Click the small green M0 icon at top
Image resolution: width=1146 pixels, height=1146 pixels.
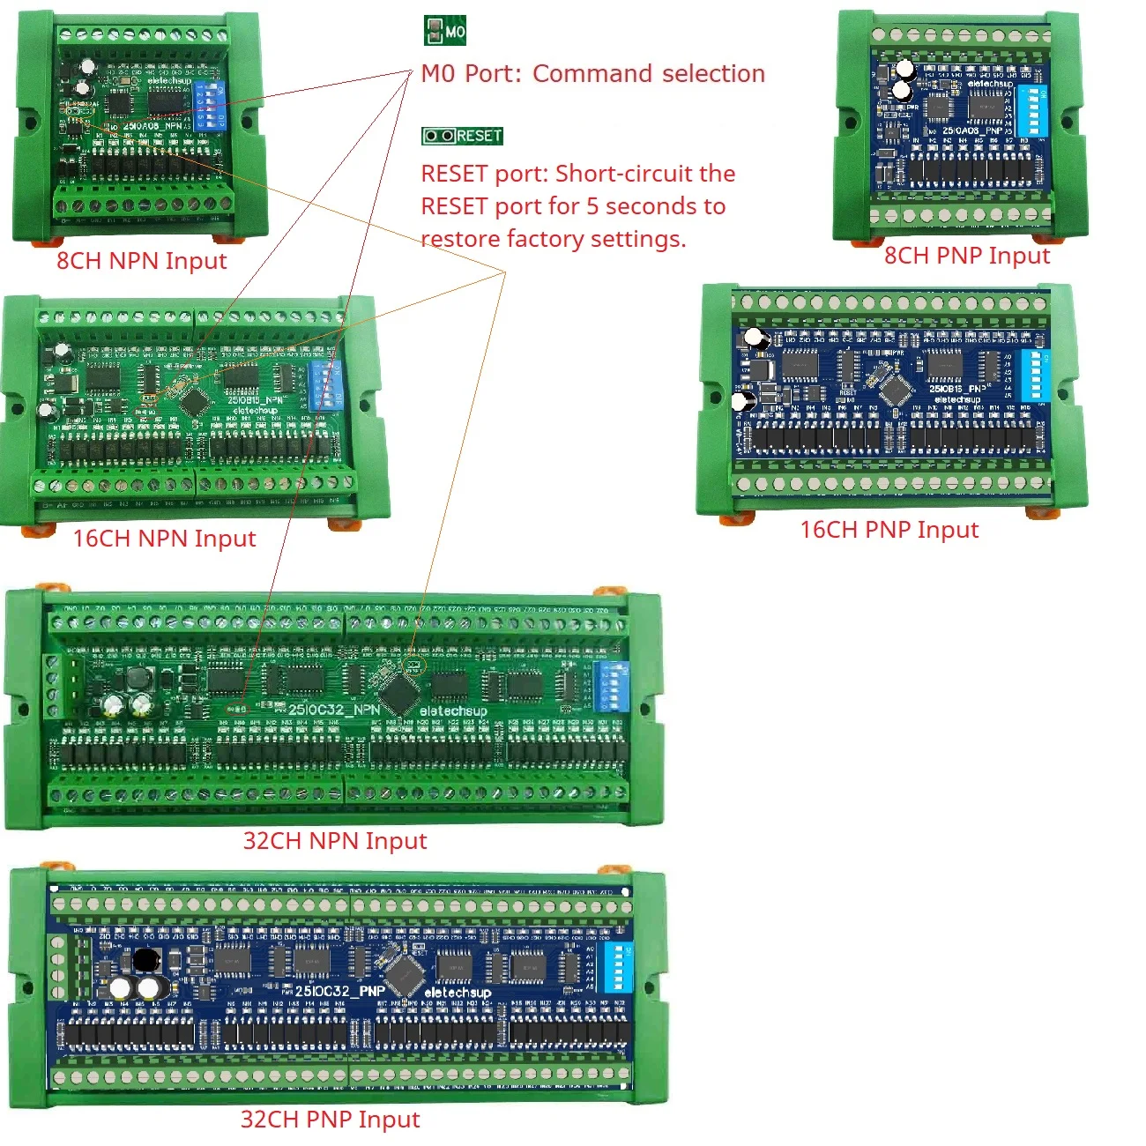tap(444, 31)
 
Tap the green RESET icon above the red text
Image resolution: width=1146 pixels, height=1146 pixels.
tap(462, 136)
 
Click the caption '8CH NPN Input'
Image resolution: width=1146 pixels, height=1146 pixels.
tap(142, 261)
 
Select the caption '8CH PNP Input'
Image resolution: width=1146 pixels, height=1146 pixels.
tap(967, 256)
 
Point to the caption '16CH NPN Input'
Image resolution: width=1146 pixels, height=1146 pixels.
tap(164, 539)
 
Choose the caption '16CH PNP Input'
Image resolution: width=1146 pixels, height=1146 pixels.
tap(889, 530)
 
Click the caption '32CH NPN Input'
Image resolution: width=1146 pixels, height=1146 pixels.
tap(335, 841)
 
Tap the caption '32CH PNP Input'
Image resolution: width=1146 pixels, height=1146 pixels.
tap(331, 1120)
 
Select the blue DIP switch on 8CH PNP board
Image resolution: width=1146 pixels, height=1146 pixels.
tap(1031, 111)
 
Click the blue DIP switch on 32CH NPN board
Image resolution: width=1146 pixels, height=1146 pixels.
tap(612, 686)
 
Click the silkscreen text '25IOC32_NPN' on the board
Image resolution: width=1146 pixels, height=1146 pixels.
tap(334, 710)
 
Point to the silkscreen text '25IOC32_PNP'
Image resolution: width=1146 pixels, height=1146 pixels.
tap(340, 991)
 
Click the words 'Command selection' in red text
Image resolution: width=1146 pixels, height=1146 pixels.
tap(649, 74)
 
